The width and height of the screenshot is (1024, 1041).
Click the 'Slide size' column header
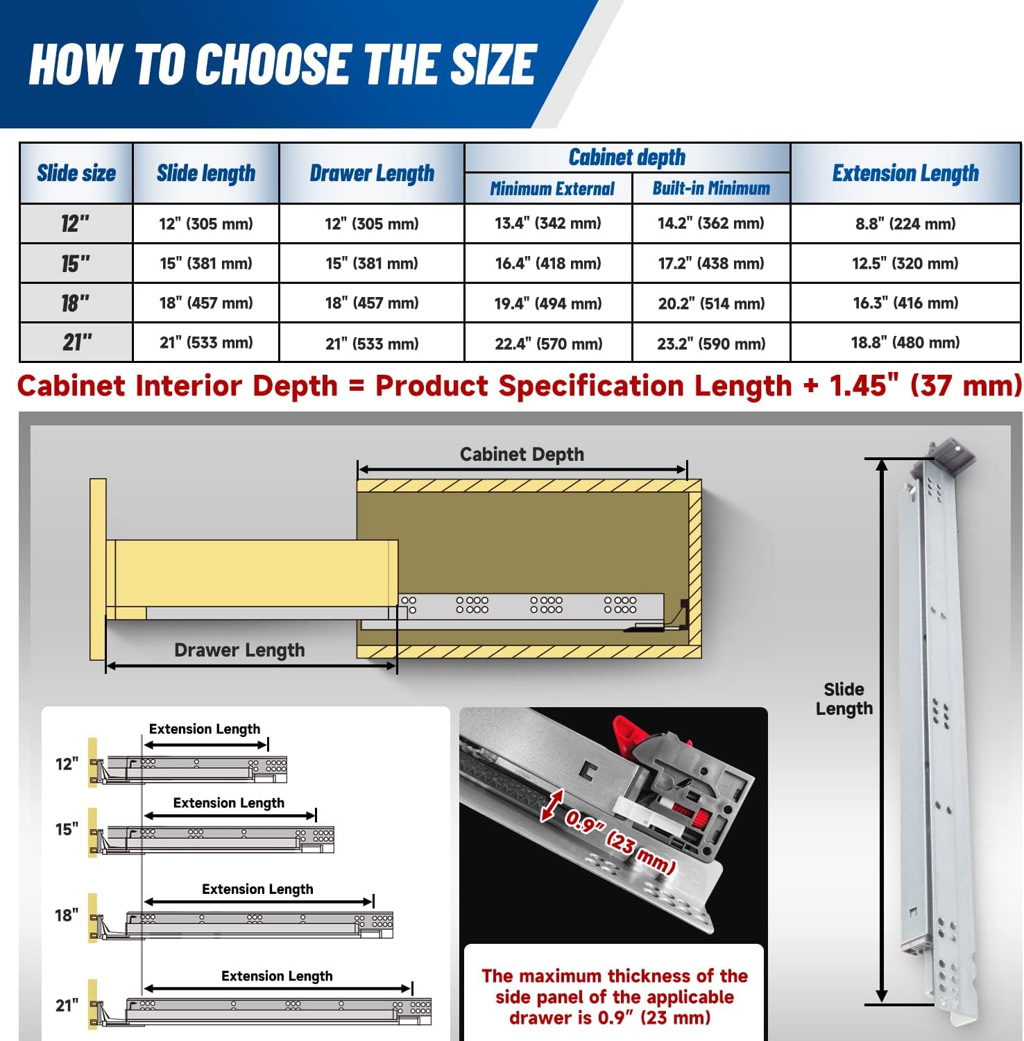pyautogui.click(x=76, y=173)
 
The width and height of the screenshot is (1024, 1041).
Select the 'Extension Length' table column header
pyautogui.click(x=905, y=173)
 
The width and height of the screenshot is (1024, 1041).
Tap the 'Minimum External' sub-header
pyautogui.click(x=552, y=189)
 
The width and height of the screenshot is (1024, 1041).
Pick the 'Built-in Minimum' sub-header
pyautogui.click(x=711, y=189)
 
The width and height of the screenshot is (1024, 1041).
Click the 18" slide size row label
pyautogui.click(x=76, y=303)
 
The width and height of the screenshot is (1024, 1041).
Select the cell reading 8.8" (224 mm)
pyautogui.click(x=905, y=223)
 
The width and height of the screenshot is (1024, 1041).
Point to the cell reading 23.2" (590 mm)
pyautogui.click(x=711, y=344)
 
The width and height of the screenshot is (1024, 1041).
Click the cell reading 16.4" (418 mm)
pyautogui.click(x=548, y=264)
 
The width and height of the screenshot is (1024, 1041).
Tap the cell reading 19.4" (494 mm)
pyautogui.click(x=548, y=303)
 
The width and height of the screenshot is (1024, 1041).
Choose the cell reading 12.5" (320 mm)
pyautogui.click(x=905, y=264)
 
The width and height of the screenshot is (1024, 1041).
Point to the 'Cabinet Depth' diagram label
pyautogui.click(x=522, y=455)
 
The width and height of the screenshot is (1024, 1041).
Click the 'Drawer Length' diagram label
pyautogui.click(x=239, y=650)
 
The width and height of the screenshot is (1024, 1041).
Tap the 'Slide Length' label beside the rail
pyautogui.click(x=844, y=699)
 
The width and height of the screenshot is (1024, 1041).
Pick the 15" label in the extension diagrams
pyautogui.click(x=67, y=829)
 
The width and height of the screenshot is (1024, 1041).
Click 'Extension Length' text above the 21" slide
pyautogui.click(x=277, y=976)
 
